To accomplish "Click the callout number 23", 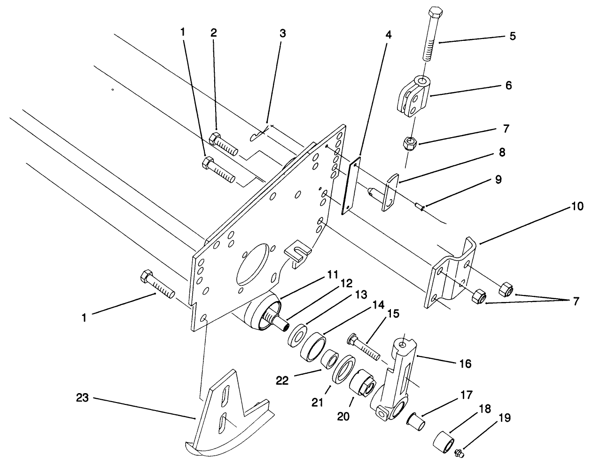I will [83, 399].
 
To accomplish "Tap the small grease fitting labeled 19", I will [459, 453].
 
